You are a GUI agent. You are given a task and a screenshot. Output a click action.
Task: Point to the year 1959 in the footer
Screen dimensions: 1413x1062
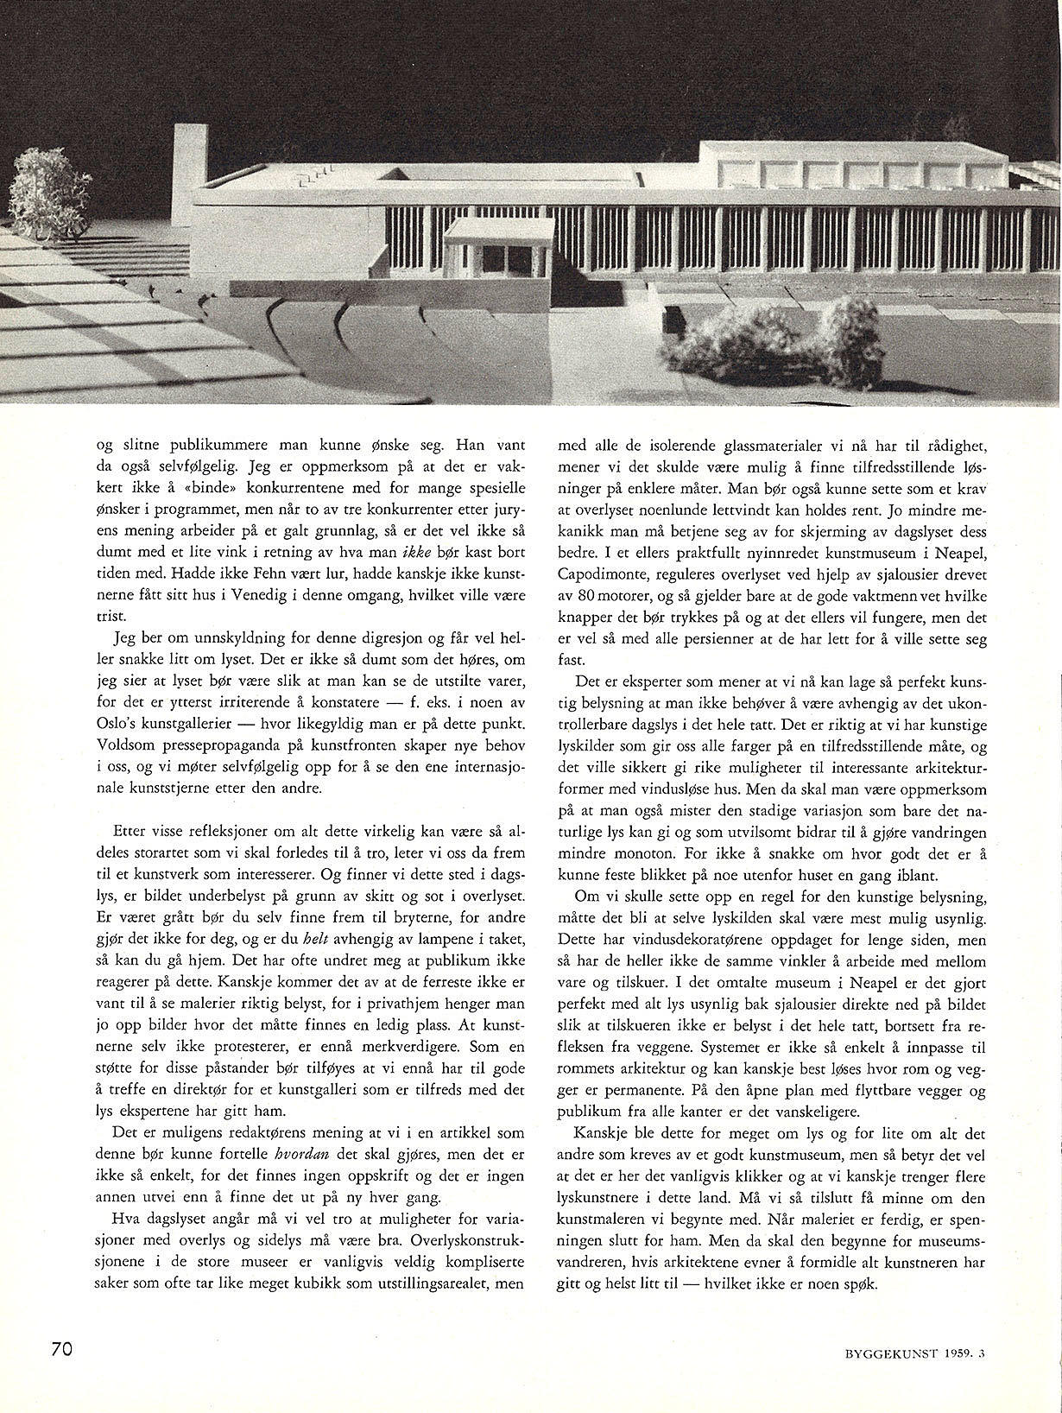pyautogui.click(x=958, y=1354)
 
